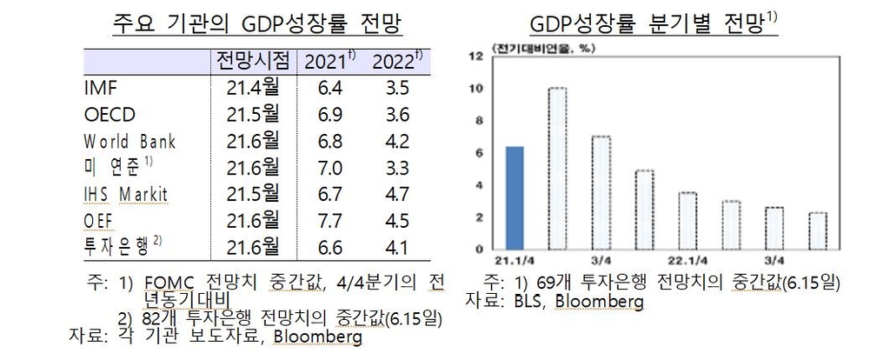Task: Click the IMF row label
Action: point(101,88)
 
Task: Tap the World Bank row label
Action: point(130,141)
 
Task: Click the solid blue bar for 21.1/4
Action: point(514,197)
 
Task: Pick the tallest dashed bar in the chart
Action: point(557,168)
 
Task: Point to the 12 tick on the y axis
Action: point(475,57)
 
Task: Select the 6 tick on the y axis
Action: point(477,152)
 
